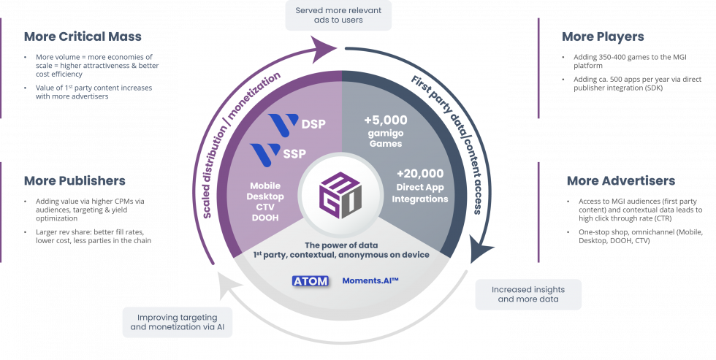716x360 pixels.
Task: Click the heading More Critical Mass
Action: pos(83,36)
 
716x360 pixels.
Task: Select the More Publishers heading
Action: pos(75,180)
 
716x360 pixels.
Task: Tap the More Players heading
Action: pos(604,36)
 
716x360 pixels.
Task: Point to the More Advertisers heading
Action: pos(620,180)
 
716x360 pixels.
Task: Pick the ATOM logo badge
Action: pos(310,280)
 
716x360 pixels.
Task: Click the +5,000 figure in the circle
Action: pos(385,119)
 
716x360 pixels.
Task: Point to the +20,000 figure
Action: pos(420,174)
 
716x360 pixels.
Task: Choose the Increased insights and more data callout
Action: pos(530,294)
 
